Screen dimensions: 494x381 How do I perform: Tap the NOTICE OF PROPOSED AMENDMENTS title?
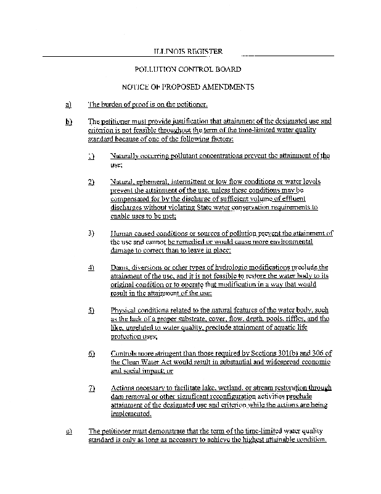(187, 87)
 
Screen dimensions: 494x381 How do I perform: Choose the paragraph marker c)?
(68, 430)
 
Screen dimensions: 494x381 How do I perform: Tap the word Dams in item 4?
(119, 267)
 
